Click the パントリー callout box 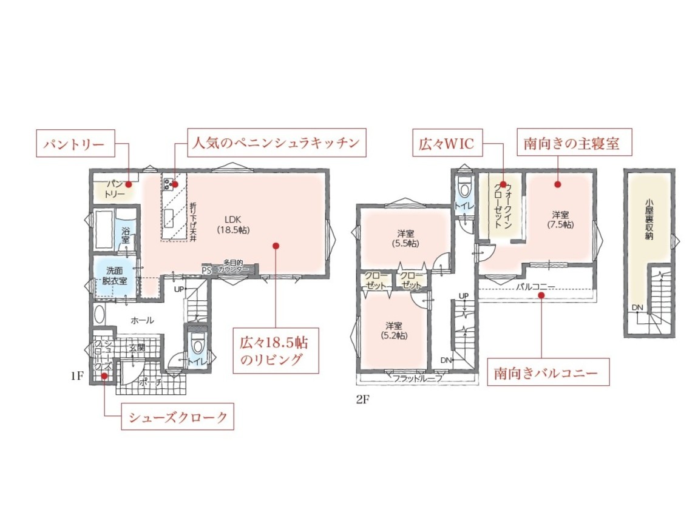[x=75, y=144]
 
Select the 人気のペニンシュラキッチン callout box [x=277, y=143]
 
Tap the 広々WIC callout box [x=447, y=143]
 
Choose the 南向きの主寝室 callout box [x=574, y=142]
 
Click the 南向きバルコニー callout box [x=548, y=372]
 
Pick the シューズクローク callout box [x=177, y=417]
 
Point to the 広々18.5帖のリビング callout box [x=276, y=351]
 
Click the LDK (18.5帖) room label [x=232, y=224]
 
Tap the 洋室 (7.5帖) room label [x=560, y=220]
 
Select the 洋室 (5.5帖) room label [x=405, y=238]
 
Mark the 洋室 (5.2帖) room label [x=394, y=331]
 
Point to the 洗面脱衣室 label [x=114, y=275]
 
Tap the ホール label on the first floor [x=142, y=320]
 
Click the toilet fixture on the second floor [x=464, y=188]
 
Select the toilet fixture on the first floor [x=197, y=341]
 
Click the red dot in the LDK [x=276, y=246]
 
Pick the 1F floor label [x=76, y=376]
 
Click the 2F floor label [x=362, y=400]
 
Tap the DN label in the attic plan [x=637, y=308]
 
